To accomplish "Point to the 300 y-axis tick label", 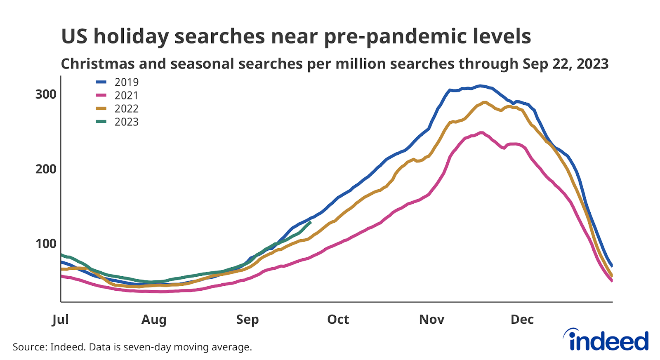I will (46, 94).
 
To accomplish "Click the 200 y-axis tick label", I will (46, 169).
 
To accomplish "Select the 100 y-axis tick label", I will (46, 244).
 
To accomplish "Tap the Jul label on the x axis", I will (60, 320).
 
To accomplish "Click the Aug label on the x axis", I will (154, 320).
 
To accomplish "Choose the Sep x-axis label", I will (247, 320).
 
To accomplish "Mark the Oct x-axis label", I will (338, 320).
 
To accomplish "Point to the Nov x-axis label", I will (431, 320).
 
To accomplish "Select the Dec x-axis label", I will (522, 320).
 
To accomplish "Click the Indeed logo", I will (606, 340).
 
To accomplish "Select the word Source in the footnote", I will (28, 347).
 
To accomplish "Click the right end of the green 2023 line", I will (310, 223).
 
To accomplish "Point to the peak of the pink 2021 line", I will (481, 133).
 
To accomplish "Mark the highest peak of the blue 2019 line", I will (479, 86).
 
